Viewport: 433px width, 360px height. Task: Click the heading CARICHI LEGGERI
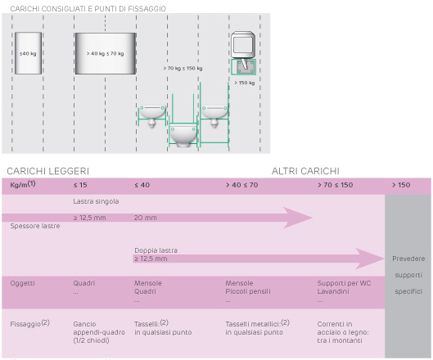click(x=48, y=171)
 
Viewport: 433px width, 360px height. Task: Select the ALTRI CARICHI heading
click(x=305, y=171)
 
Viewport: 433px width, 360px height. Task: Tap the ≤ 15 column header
click(x=80, y=185)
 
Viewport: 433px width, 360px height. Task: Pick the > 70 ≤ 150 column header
click(x=336, y=185)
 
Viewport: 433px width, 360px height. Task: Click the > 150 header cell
click(x=401, y=185)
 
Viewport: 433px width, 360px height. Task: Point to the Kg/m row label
click(x=23, y=184)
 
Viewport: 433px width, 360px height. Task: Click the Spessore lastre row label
click(x=35, y=226)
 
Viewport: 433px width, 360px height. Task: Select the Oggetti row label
click(x=22, y=283)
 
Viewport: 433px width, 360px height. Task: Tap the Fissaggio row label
click(x=29, y=323)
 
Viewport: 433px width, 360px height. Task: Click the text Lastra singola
click(x=96, y=201)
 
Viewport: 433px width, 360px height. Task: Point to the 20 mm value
click(x=146, y=218)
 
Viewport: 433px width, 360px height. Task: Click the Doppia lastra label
click(x=156, y=250)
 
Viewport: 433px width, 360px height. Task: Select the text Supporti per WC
click(x=344, y=283)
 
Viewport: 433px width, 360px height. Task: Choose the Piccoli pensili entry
click(x=248, y=291)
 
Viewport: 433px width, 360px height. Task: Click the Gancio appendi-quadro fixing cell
click(x=99, y=332)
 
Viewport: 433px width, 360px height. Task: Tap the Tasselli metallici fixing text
click(x=257, y=328)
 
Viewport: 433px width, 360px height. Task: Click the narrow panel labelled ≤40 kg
click(x=28, y=53)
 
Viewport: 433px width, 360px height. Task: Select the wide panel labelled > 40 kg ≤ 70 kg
click(x=106, y=53)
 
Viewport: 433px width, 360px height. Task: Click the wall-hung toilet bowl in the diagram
click(x=183, y=135)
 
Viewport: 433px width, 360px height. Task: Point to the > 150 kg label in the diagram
click(x=245, y=83)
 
